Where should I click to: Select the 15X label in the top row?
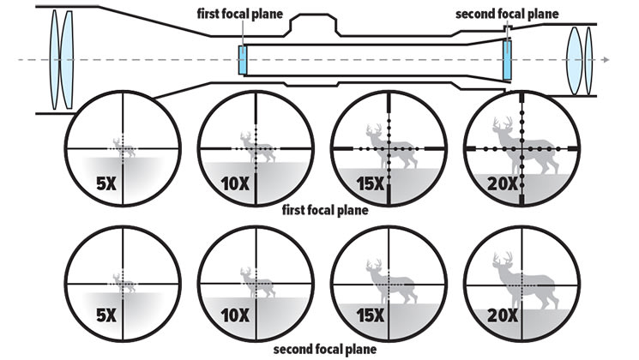[x=369, y=182]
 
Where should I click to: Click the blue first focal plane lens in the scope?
[x=244, y=61]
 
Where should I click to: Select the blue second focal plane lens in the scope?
[x=508, y=61]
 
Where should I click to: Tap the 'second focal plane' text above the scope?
[x=507, y=14]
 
